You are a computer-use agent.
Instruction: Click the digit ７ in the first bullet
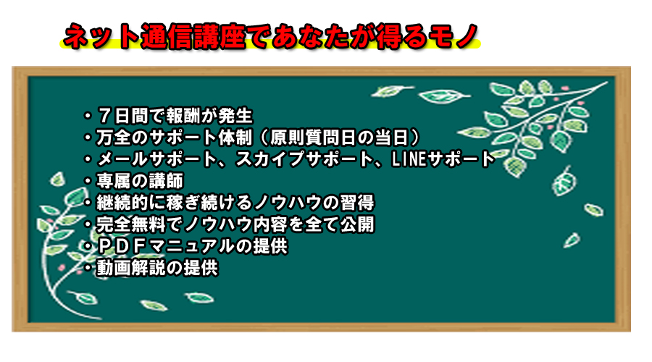[104, 116]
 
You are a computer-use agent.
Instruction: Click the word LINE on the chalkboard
[409, 159]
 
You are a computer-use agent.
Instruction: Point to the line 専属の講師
[140, 181]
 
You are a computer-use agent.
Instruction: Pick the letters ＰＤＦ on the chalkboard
[122, 246]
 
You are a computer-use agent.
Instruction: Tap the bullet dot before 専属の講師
[88, 181]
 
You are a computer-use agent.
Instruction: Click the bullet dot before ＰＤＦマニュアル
[88, 246]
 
